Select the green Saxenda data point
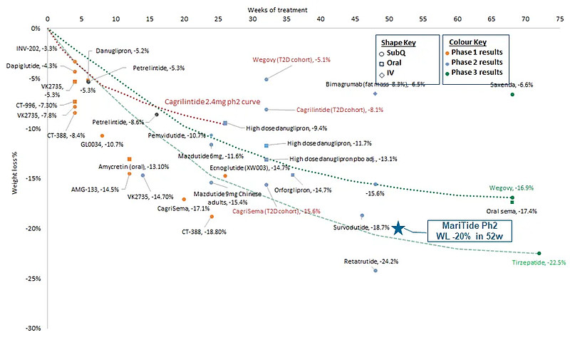(x=512, y=94)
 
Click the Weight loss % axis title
(x=14, y=175)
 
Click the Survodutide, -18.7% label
(x=361, y=227)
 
